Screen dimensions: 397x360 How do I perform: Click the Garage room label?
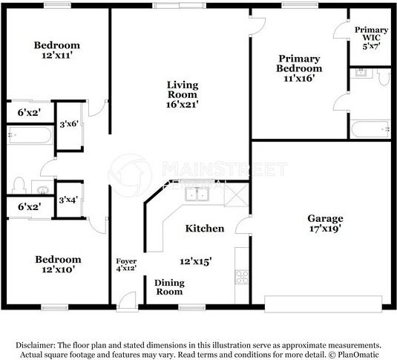pos(325,218)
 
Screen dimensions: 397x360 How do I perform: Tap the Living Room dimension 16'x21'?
pos(182,104)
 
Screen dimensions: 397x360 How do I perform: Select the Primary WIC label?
pos(371,33)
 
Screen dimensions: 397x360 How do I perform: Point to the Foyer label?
pos(126,261)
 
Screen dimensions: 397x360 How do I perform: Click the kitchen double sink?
pos(197,194)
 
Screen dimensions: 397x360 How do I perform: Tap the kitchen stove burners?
pos(242,277)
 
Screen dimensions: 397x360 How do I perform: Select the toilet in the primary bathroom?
pos(384,77)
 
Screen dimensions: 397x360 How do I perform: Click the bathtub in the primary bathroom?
pos(370,129)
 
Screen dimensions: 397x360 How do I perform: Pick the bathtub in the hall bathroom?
pos(30,134)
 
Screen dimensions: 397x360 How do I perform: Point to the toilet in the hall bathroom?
pos(19,186)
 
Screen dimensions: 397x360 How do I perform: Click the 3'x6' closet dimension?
pos(69,124)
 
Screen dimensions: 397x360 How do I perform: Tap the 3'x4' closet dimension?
pos(68,200)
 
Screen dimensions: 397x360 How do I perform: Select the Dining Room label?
pos(169,287)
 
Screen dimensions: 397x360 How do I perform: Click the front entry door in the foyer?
pos(127,301)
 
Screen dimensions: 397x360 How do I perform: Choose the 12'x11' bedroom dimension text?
pos(57,55)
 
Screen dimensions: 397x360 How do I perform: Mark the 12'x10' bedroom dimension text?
pos(58,269)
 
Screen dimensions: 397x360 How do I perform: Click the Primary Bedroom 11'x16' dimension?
pos(299,78)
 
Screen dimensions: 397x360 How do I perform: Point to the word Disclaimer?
pos(35,345)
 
